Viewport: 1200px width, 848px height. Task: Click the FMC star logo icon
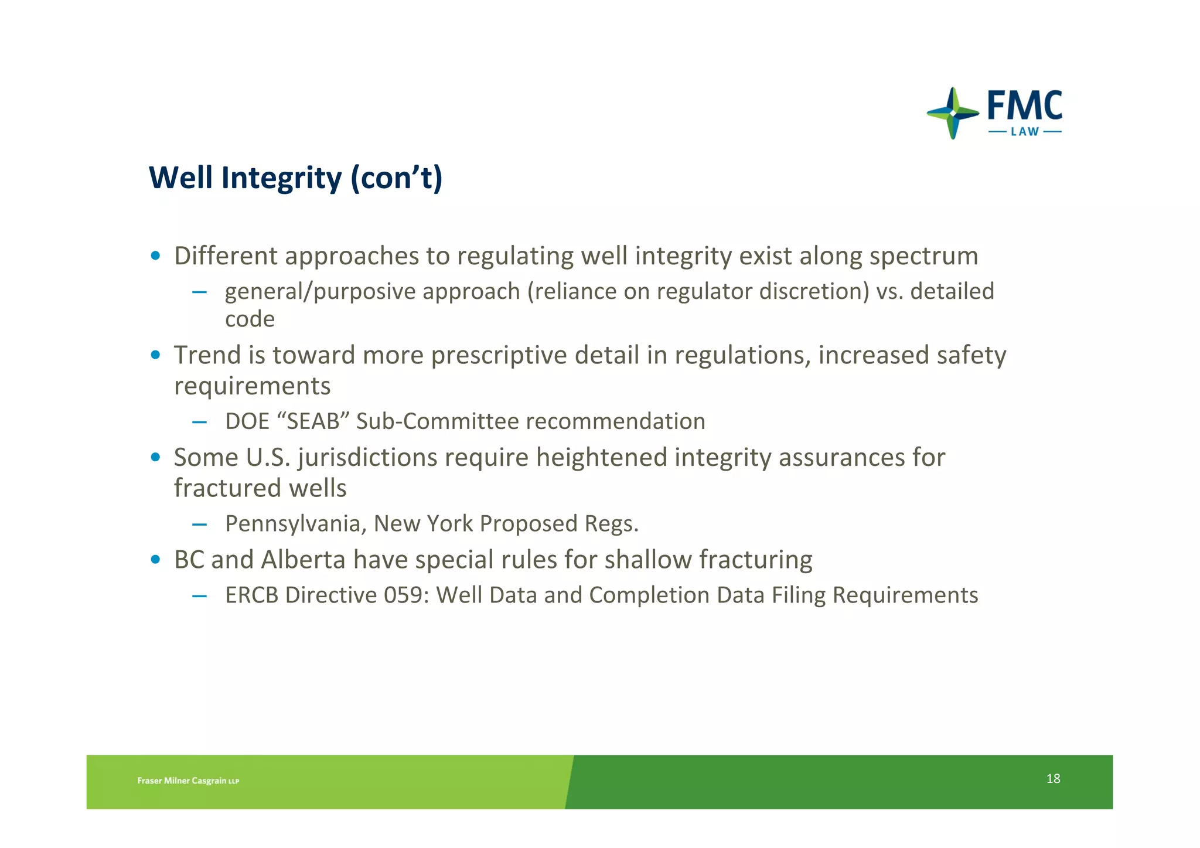tap(953, 113)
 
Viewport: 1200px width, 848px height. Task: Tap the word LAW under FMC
tap(1025, 132)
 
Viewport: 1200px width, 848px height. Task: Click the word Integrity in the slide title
tap(281, 178)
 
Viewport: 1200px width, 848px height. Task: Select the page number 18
tap(1053, 779)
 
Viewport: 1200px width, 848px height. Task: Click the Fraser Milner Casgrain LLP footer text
tap(188, 781)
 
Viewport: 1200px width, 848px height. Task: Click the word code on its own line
tap(250, 319)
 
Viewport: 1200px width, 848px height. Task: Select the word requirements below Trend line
tap(252, 386)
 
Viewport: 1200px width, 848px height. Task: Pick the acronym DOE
tap(247, 421)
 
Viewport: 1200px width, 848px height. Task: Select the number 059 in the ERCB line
tap(406, 595)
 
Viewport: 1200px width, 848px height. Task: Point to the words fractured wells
tap(260, 488)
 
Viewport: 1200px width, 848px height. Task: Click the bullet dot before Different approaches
tap(155, 256)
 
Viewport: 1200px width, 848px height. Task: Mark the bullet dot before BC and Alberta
tap(155, 560)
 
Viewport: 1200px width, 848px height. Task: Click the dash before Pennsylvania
tap(199, 524)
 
